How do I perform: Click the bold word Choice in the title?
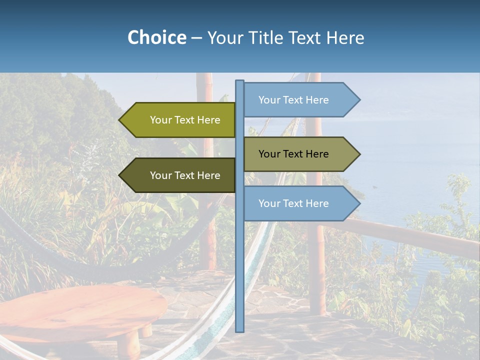coord(156,37)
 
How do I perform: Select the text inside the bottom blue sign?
coord(293,203)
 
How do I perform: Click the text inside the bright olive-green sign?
coord(185,120)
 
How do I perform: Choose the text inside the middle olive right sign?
coord(293,154)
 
